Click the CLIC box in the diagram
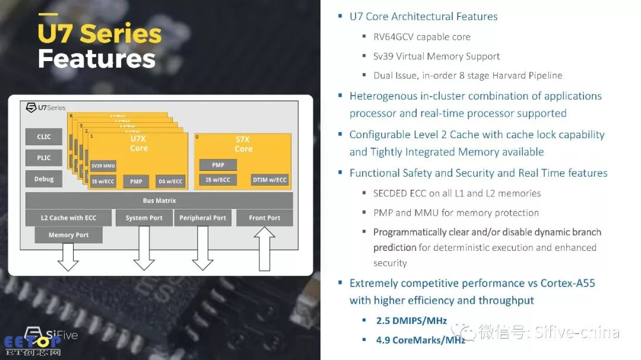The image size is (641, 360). click(x=44, y=137)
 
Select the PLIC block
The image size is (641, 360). click(x=44, y=158)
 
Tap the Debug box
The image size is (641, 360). click(x=44, y=179)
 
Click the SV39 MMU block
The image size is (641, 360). click(x=103, y=166)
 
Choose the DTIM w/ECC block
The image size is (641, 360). click(x=269, y=180)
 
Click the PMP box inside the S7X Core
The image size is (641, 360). click(x=218, y=165)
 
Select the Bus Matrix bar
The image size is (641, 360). click(x=159, y=201)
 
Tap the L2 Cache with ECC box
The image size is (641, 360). click(x=68, y=218)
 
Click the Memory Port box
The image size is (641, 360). click(x=69, y=235)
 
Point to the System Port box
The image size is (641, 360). click(x=144, y=218)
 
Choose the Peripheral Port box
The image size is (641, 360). click(x=203, y=218)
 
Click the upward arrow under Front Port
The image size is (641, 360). click(x=264, y=248)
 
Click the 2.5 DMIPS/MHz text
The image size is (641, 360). click(x=411, y=321)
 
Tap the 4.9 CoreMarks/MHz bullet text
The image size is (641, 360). click(x=420, y=340)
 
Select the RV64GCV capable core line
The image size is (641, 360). click(x=422, y=37)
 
